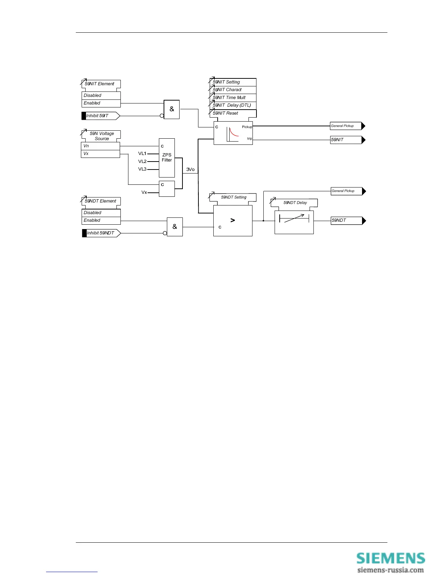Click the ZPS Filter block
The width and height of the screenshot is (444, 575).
click(167, 158)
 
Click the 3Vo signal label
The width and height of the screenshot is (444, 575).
click(190, 170)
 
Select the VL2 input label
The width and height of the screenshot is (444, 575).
click(142, 162)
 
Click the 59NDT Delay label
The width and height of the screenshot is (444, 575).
click(295, 203)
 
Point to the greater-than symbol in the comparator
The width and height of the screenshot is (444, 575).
click(233, 220)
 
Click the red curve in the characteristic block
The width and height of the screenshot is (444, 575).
click(234, 133)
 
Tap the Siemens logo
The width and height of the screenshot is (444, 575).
click(390, 558)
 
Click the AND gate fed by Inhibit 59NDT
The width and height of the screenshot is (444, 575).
click(175, 227)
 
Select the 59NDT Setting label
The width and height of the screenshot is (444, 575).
click(234, 197)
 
